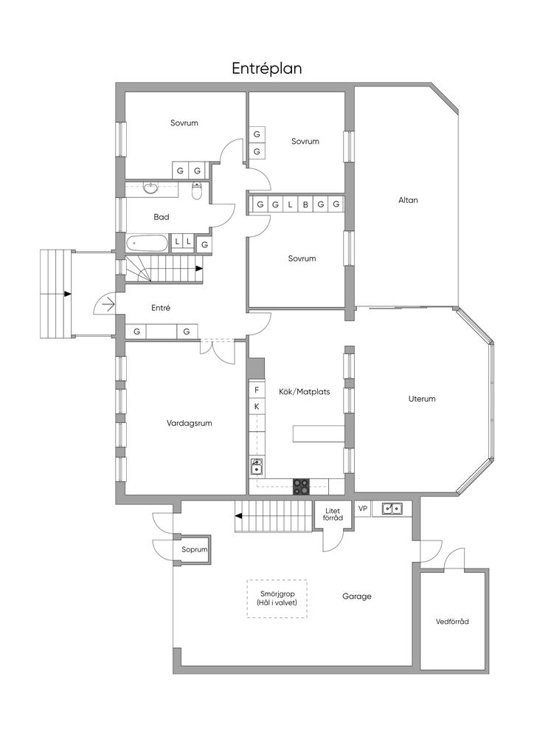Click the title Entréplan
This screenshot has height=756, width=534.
coord(267,69)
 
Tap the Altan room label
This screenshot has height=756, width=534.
coord(408,200)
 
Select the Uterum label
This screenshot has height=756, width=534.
coord(422,399)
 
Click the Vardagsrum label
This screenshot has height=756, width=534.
coord(190,423)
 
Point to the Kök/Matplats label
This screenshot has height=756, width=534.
coord(305,391)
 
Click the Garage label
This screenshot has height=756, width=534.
coord(357,597)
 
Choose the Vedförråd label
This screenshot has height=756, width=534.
coord(452,622)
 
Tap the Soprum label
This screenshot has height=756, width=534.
coord(194,549)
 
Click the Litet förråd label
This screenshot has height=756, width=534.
coord(333,514)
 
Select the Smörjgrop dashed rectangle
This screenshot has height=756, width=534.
coord(277,598)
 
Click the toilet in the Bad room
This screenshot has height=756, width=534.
coord(196,191)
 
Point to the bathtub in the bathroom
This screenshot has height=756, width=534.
coord(147,243)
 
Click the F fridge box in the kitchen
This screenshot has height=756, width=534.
coord(257,390)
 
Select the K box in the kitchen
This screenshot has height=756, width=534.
coord(257,407)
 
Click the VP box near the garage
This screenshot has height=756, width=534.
coord(363,509)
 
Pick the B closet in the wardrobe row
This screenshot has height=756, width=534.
coord(305,205)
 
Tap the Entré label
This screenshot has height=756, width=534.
coord(161,308)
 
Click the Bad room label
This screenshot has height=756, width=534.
coord(162,217)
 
